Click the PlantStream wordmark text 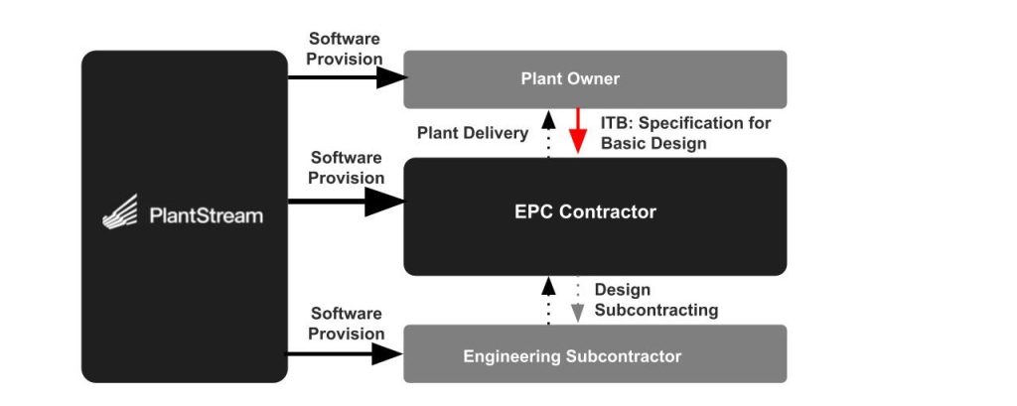[x=206, y=215]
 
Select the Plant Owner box [x=594, y=79]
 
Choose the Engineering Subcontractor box [x=594, y=355]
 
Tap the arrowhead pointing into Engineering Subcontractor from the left [x=387, y=353]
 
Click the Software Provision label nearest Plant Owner [x=345, y=49]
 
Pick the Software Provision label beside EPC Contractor [x=346, y=168]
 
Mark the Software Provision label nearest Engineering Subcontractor [x=346, y=324]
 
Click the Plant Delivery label [x=472, y=133]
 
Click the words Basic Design [x=654, y=143]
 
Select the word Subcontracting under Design [x=655, y=310]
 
